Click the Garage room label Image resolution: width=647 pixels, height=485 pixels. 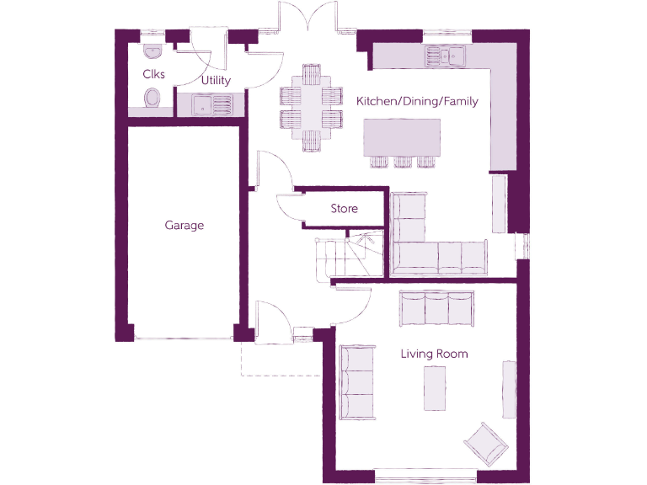pyautogui.click(x=184, y=226)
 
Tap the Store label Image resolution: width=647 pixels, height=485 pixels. pyautogui.click(x=344, y=209)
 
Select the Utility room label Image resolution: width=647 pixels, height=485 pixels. pyautogui.click(x=216, y=81)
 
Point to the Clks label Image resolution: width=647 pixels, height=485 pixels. pyautogui.click(x=153, y=74)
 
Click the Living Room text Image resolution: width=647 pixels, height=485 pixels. pyautogui.click(x=434, y=354)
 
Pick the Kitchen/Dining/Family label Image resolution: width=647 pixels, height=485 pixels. pyautogui.click(x=417, y=102)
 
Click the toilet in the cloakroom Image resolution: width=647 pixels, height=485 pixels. pyautogui.click(x=152, y=99)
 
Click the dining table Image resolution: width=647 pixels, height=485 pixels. pyautogui.click(x=311, y=106)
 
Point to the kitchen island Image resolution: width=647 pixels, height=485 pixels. pyautogui.click(x=402, y=137)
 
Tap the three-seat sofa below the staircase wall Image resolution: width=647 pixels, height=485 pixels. pyautogui.click(x=436, y=307)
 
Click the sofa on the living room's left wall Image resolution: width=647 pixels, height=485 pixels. pyautogui.click(x=356, y=382)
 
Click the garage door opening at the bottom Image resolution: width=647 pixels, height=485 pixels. pyautogui.click(x=184, y=339)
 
